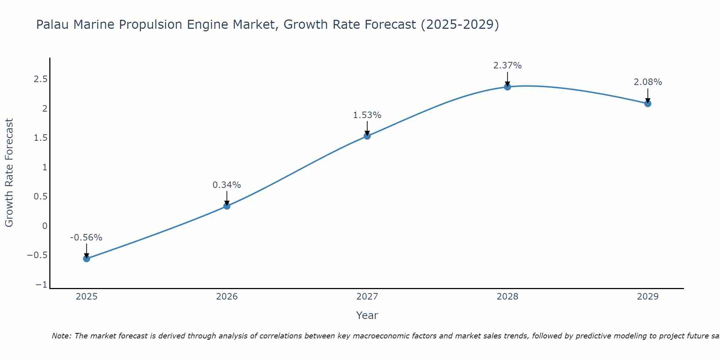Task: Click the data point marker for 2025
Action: click(x=86, y=258)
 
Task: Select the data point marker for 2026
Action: click(x=227, y=206)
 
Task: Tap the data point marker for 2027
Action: click(x=367, y=136)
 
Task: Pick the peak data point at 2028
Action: click(x=508, y=87)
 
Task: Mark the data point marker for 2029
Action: click(x=648, y=104)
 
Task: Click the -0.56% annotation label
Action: click(x=86, y=238)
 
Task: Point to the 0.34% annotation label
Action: click(x=226, y=185)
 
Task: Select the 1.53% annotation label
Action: click(x=367, y=115)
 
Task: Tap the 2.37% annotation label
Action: click(x=507, y=66)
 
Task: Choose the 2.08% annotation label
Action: click(x=648, y=82)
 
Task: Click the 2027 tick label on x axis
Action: click(x=367, y=297)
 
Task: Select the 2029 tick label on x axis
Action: click(x=648, y=297)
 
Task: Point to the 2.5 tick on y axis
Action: click(x=41, y=79)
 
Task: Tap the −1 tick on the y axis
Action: click(x=41, y=285)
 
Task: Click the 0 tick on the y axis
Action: click(x=45, y=226)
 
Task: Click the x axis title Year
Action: click(x=367, y=315)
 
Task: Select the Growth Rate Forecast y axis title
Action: click(x=9, y=173)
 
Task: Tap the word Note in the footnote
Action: click(x=61, y=336)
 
